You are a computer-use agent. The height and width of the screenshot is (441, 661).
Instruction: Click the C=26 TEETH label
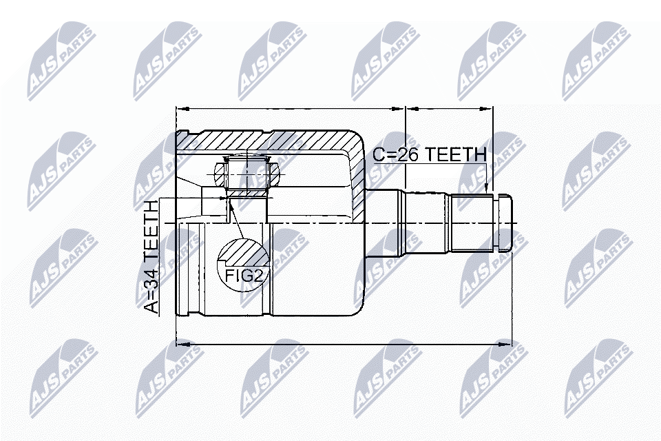pos(430,154)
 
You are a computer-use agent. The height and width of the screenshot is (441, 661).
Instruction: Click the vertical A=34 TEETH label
pos(151,256)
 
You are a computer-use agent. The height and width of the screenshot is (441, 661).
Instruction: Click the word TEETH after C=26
pos(456,154)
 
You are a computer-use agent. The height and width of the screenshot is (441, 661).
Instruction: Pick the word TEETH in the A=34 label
pos(151,232)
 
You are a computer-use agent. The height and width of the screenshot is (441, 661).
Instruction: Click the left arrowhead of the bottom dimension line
pos(182,344)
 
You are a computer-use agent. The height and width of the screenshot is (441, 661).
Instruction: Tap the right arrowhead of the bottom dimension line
pos(505,344)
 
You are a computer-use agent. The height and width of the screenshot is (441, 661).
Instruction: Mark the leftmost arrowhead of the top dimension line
pos(182,109)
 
